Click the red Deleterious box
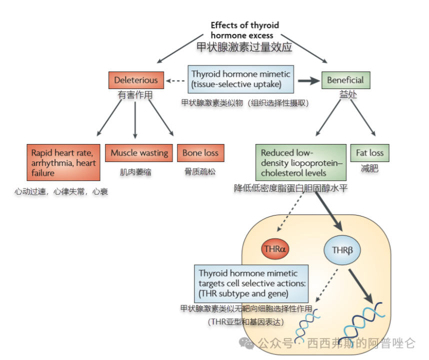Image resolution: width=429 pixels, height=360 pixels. point(136,80)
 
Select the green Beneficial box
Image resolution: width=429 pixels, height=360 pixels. point(346,80)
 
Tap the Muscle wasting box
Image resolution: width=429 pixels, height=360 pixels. point(139,153)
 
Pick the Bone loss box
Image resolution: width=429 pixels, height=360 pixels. point(200,153)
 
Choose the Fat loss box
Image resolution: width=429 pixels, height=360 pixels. point(369,153)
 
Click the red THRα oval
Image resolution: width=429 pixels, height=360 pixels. point(275,249)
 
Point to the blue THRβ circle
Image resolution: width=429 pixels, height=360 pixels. point(342,250)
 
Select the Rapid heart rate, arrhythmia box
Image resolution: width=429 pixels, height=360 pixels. point(63,162)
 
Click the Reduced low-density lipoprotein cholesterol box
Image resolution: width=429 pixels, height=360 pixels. point(301,162)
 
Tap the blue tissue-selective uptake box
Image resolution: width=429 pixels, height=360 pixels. point(241,79)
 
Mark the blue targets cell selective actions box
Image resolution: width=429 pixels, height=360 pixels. point(251,283)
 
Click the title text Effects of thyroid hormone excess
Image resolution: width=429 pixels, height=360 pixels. point(245,30)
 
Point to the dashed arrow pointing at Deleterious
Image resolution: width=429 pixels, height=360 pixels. point(175,80)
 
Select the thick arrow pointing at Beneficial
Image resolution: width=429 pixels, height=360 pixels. point(309,80)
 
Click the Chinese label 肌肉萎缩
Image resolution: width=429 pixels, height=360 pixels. point(135,172)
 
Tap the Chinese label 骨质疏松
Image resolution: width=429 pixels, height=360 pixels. point(200,172)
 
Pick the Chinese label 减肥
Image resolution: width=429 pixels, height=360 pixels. point(369,168)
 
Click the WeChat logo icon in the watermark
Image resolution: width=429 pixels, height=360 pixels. point(246,343)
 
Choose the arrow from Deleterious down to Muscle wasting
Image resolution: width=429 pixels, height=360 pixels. point(135,120)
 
